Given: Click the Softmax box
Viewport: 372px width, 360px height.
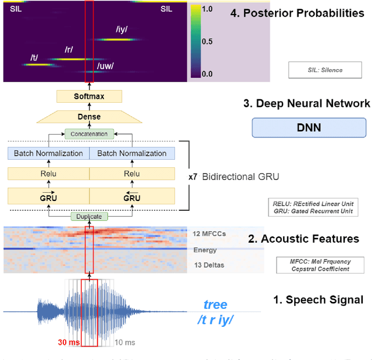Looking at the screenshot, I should click(x=89, y=96).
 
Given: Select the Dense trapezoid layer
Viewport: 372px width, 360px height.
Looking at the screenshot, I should click(x=89, y=117).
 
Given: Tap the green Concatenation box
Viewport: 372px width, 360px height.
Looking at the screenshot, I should click(x=89, y=134).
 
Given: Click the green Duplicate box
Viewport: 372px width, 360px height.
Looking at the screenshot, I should click(x=89, y=217).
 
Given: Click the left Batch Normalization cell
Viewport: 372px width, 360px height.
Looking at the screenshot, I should click(x=48, y=153).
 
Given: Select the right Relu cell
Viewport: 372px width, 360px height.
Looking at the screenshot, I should click(x=132, y=173).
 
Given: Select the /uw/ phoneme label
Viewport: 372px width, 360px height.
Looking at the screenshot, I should click(x=105, y=66).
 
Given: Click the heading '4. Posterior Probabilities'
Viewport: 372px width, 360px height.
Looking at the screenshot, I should click(x=297, y=12).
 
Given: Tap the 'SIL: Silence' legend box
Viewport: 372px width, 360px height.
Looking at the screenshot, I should click(x=325, y=70).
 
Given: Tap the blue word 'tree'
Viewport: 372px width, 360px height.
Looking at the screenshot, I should click(x=215, y=305).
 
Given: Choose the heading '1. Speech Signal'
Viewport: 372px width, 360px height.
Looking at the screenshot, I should click(x=318, y=300).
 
